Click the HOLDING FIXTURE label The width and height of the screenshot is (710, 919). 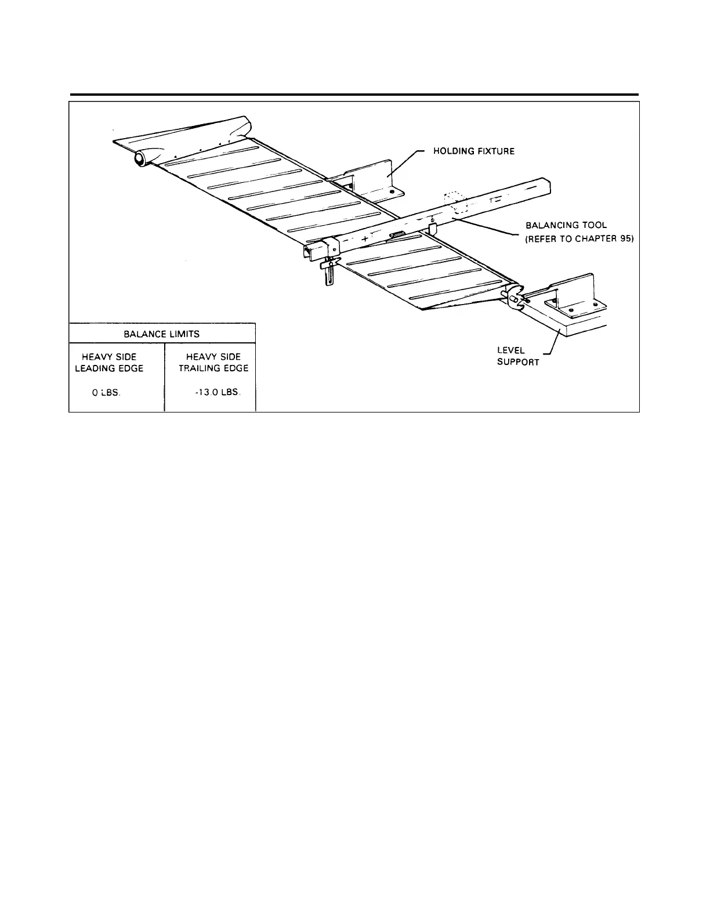coord(474,151)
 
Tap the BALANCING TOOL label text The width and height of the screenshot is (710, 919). coord(566,225)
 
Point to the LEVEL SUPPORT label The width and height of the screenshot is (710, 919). coord(518,356)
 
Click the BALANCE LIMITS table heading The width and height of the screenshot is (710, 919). coord(162,334)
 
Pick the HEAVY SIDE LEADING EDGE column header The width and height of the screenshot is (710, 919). coord(109,363)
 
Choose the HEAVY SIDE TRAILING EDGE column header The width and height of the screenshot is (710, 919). coord(213,363)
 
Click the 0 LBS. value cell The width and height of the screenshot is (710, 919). coord(106,393)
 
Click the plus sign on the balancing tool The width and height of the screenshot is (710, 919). coord(364,239)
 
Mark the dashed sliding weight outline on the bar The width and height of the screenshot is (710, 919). coord(455,204)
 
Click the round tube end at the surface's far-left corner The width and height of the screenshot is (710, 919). coord(140,158)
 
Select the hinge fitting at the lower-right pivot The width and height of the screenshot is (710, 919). coord(515,296)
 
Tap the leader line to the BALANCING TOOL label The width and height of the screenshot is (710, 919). coord(487,227)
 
